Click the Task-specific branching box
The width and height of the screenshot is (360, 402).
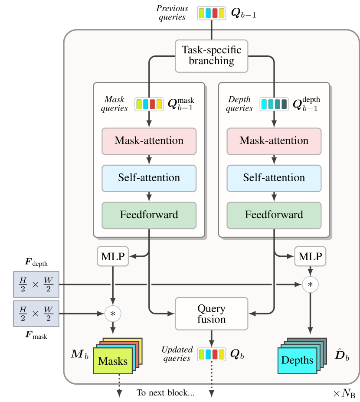211,56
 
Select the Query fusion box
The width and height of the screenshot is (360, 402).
211,314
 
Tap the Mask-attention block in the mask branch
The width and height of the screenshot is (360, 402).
149,141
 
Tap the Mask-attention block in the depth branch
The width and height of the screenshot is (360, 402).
274,141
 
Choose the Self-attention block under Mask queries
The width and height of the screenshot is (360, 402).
149,178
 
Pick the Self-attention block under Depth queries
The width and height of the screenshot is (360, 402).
274,178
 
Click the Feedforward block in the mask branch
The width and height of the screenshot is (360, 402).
149,215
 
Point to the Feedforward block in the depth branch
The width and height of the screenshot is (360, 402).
274,215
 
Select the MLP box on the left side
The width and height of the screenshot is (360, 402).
113,257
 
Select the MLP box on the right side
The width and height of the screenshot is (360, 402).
310,257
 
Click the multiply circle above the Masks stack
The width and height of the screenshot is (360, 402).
113,314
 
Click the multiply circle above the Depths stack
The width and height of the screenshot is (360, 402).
310,284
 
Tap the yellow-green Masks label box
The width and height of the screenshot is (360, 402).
112,361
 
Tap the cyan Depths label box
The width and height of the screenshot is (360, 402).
297,360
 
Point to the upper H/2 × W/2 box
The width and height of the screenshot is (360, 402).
36,284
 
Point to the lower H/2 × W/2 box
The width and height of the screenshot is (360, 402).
36,313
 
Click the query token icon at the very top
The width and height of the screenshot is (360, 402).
211,13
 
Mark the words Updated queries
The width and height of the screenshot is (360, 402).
177,354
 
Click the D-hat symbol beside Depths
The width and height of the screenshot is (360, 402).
342,356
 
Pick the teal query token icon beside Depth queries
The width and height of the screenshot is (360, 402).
274,104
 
